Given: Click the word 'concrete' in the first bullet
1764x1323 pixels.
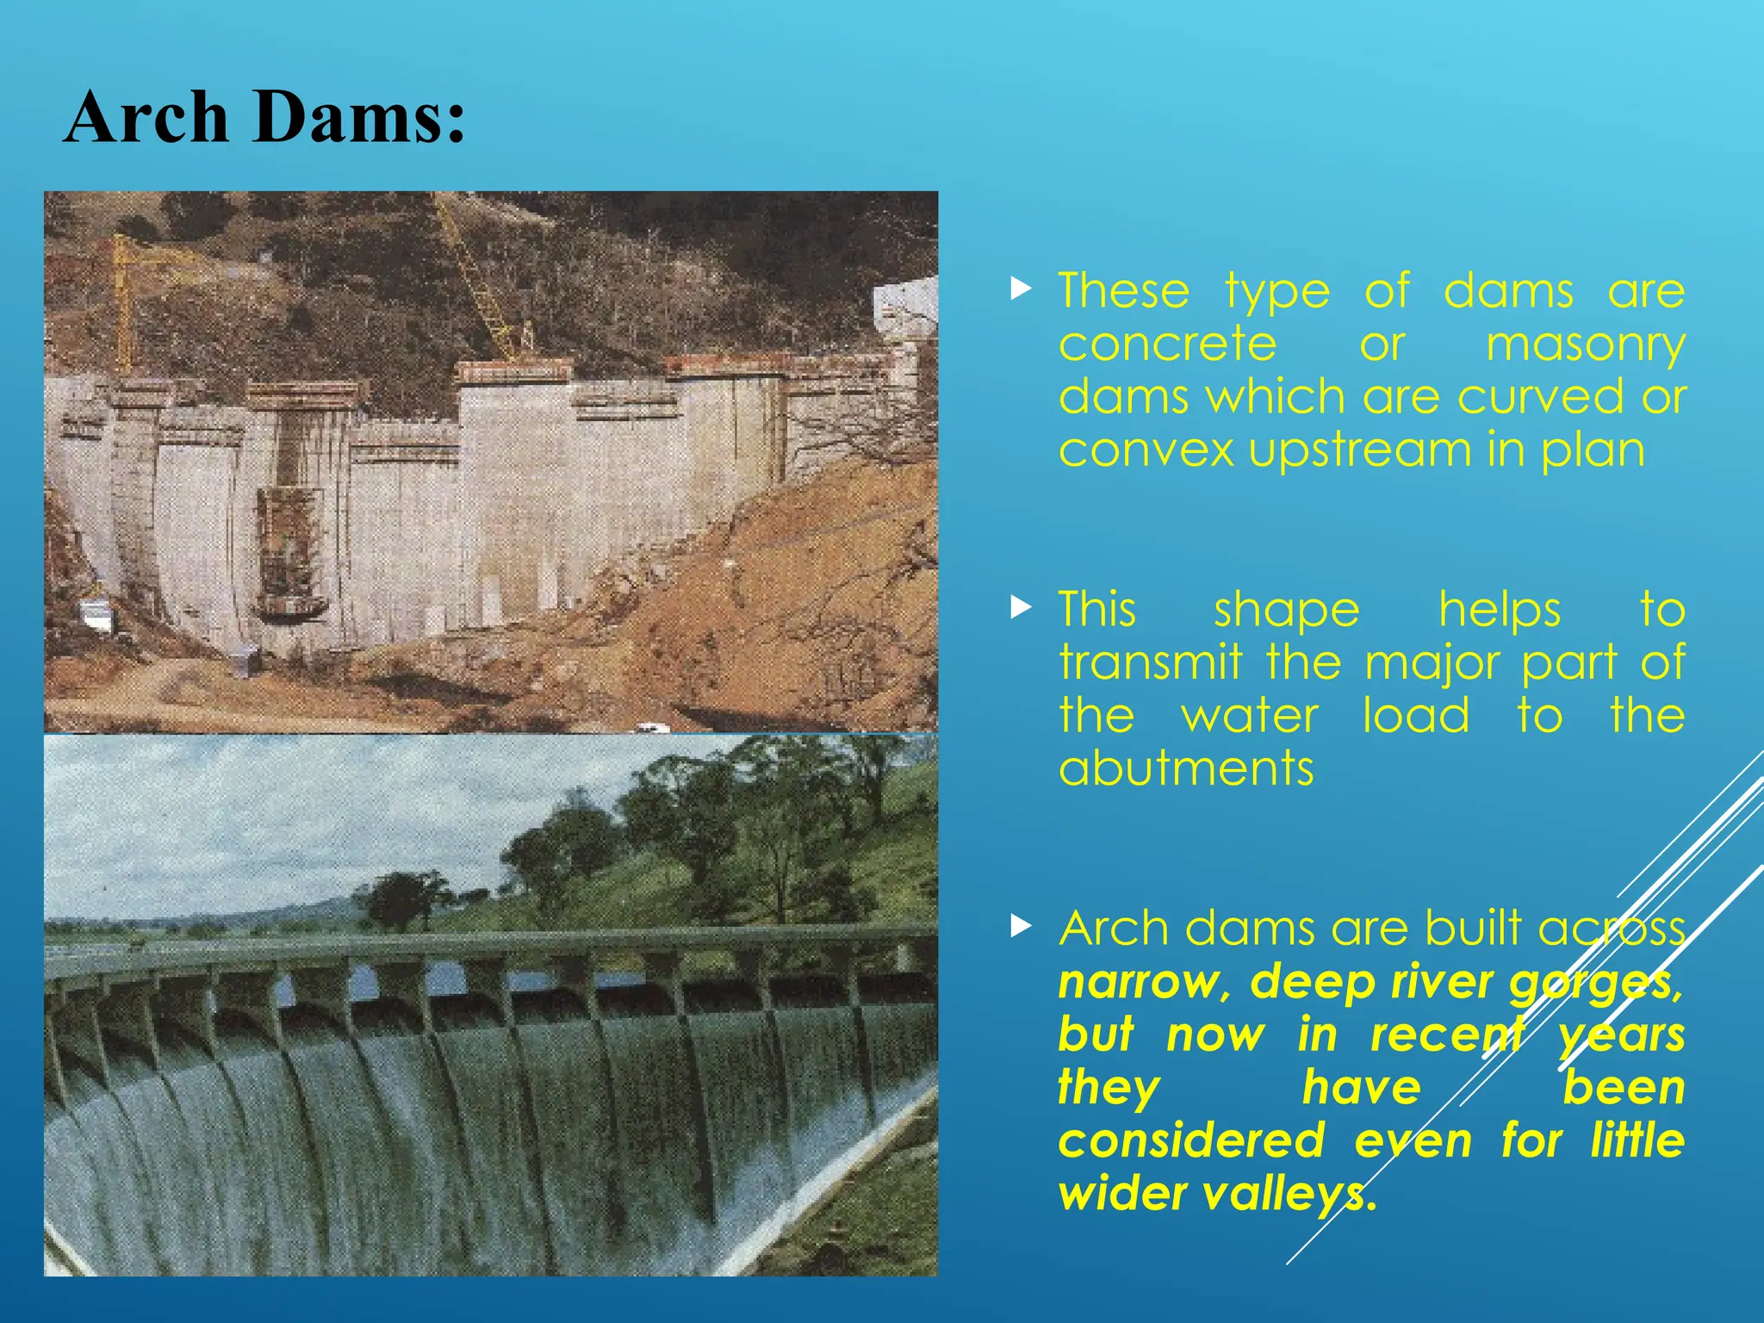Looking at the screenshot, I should [x=1167, y=345].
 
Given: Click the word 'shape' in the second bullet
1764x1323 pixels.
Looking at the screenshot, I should [x=1287, y=612].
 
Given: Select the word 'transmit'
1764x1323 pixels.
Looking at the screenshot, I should [x=1151, y=663].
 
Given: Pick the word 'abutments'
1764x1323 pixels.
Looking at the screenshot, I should [x=1186, y=768].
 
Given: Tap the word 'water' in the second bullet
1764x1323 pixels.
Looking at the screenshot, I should [x=1250, y=717].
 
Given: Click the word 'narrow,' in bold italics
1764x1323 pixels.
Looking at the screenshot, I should [x=1144, y=983].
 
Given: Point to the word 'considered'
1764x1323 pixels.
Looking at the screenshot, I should [x=1191, y=1141].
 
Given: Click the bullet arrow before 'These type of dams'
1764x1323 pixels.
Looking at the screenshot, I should [x=1021, y=289].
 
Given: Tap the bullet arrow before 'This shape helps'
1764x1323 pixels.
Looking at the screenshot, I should [x=1021, y=608].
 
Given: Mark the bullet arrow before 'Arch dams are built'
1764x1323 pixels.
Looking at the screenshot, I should [x=1021, y=927].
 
